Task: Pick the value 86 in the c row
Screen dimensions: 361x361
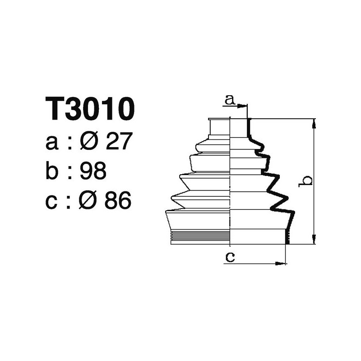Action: tap(118, 201)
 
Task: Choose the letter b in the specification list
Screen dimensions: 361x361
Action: tap(52, 172)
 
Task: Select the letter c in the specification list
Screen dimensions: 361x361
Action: tap(52, 203)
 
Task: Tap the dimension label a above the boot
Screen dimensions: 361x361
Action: tap(230, 99)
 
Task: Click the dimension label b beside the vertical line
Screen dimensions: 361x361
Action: tap(307, 180)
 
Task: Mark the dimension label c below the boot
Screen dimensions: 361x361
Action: tap(230, 257)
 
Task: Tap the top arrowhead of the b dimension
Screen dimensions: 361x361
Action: tap(314, 123)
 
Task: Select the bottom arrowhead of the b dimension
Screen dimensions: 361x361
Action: tap(314, 240)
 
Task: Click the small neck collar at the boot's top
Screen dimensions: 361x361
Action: tap(220, 127)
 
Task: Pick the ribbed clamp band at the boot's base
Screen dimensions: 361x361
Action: tap(201, 236)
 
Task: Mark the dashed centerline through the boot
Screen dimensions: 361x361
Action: tap(231, 180)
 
